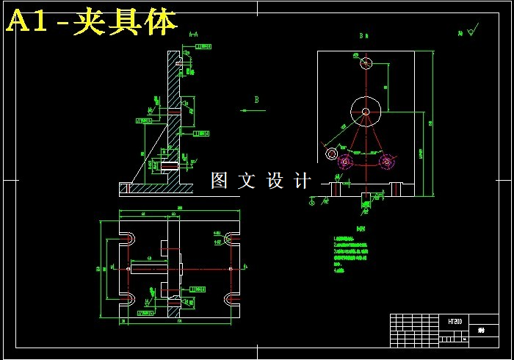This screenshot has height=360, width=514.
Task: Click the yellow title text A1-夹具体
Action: [92, 22]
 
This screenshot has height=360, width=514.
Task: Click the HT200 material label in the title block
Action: [455, 322]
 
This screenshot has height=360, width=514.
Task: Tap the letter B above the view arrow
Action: [257, 99]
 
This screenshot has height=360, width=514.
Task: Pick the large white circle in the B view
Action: [366, 112]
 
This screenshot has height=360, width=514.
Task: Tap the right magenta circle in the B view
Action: [385, 161]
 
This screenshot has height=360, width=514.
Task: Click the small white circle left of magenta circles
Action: [332, 154]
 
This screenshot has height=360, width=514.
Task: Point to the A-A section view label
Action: [194, 34]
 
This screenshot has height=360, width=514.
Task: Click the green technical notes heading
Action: [359, 228]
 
